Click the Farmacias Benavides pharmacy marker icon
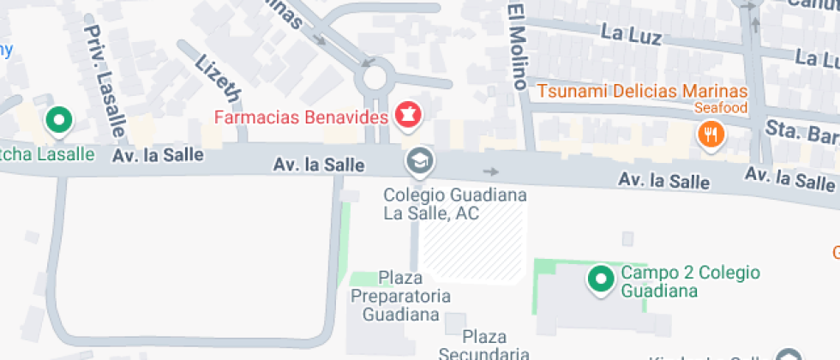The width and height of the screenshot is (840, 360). click(x=409, y=115)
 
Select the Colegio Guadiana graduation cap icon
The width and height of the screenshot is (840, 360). click(x=419, y=160)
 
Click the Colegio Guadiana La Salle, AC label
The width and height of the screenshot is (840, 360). click(x=454, y=204)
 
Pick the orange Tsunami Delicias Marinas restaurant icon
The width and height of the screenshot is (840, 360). click(x=711, y=134)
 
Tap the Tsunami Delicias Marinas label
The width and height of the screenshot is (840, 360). click(x=642, y=91)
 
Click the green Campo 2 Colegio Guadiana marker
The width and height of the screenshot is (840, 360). click(x=601, y=279)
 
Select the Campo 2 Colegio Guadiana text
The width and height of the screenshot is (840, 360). click(x=690, y=281)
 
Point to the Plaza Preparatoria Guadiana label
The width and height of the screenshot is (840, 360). click(x=401, y=296)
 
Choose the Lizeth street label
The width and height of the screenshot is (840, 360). click(x=217, y=75)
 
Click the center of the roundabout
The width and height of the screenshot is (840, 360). click(x=375, y=78)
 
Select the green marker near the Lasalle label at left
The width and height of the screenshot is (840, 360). click(x=59, y=121)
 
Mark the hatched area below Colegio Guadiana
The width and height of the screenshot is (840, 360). click(x=476, y=244)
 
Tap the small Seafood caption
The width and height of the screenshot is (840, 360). click(x=721, y=108)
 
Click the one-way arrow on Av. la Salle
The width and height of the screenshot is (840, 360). click(x=490, y=172)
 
